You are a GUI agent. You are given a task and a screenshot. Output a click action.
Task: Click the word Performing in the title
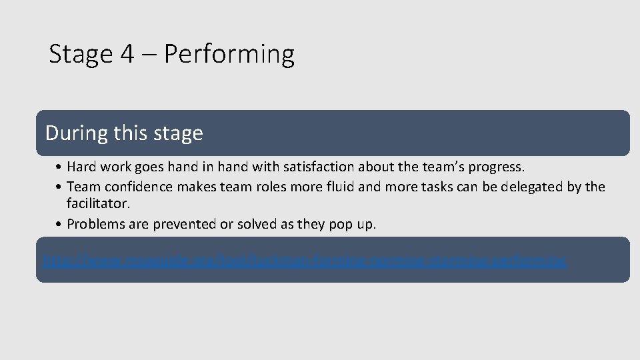pyautogui.click(x=229, y=55)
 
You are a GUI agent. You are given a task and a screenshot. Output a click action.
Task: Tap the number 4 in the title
pyautogui.click(x=128, y=53)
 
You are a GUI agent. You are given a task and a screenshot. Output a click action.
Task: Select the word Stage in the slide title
pyautogui.click(x=81, y=55)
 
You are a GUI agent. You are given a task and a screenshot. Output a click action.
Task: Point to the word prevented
pyautogui.click(x=185, y=224)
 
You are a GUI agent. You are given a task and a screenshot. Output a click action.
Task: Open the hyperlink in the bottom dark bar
pyautogui.click(x=304, y=260)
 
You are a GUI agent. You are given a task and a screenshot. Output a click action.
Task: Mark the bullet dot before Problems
pyautogui.click(x=60, y=224)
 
